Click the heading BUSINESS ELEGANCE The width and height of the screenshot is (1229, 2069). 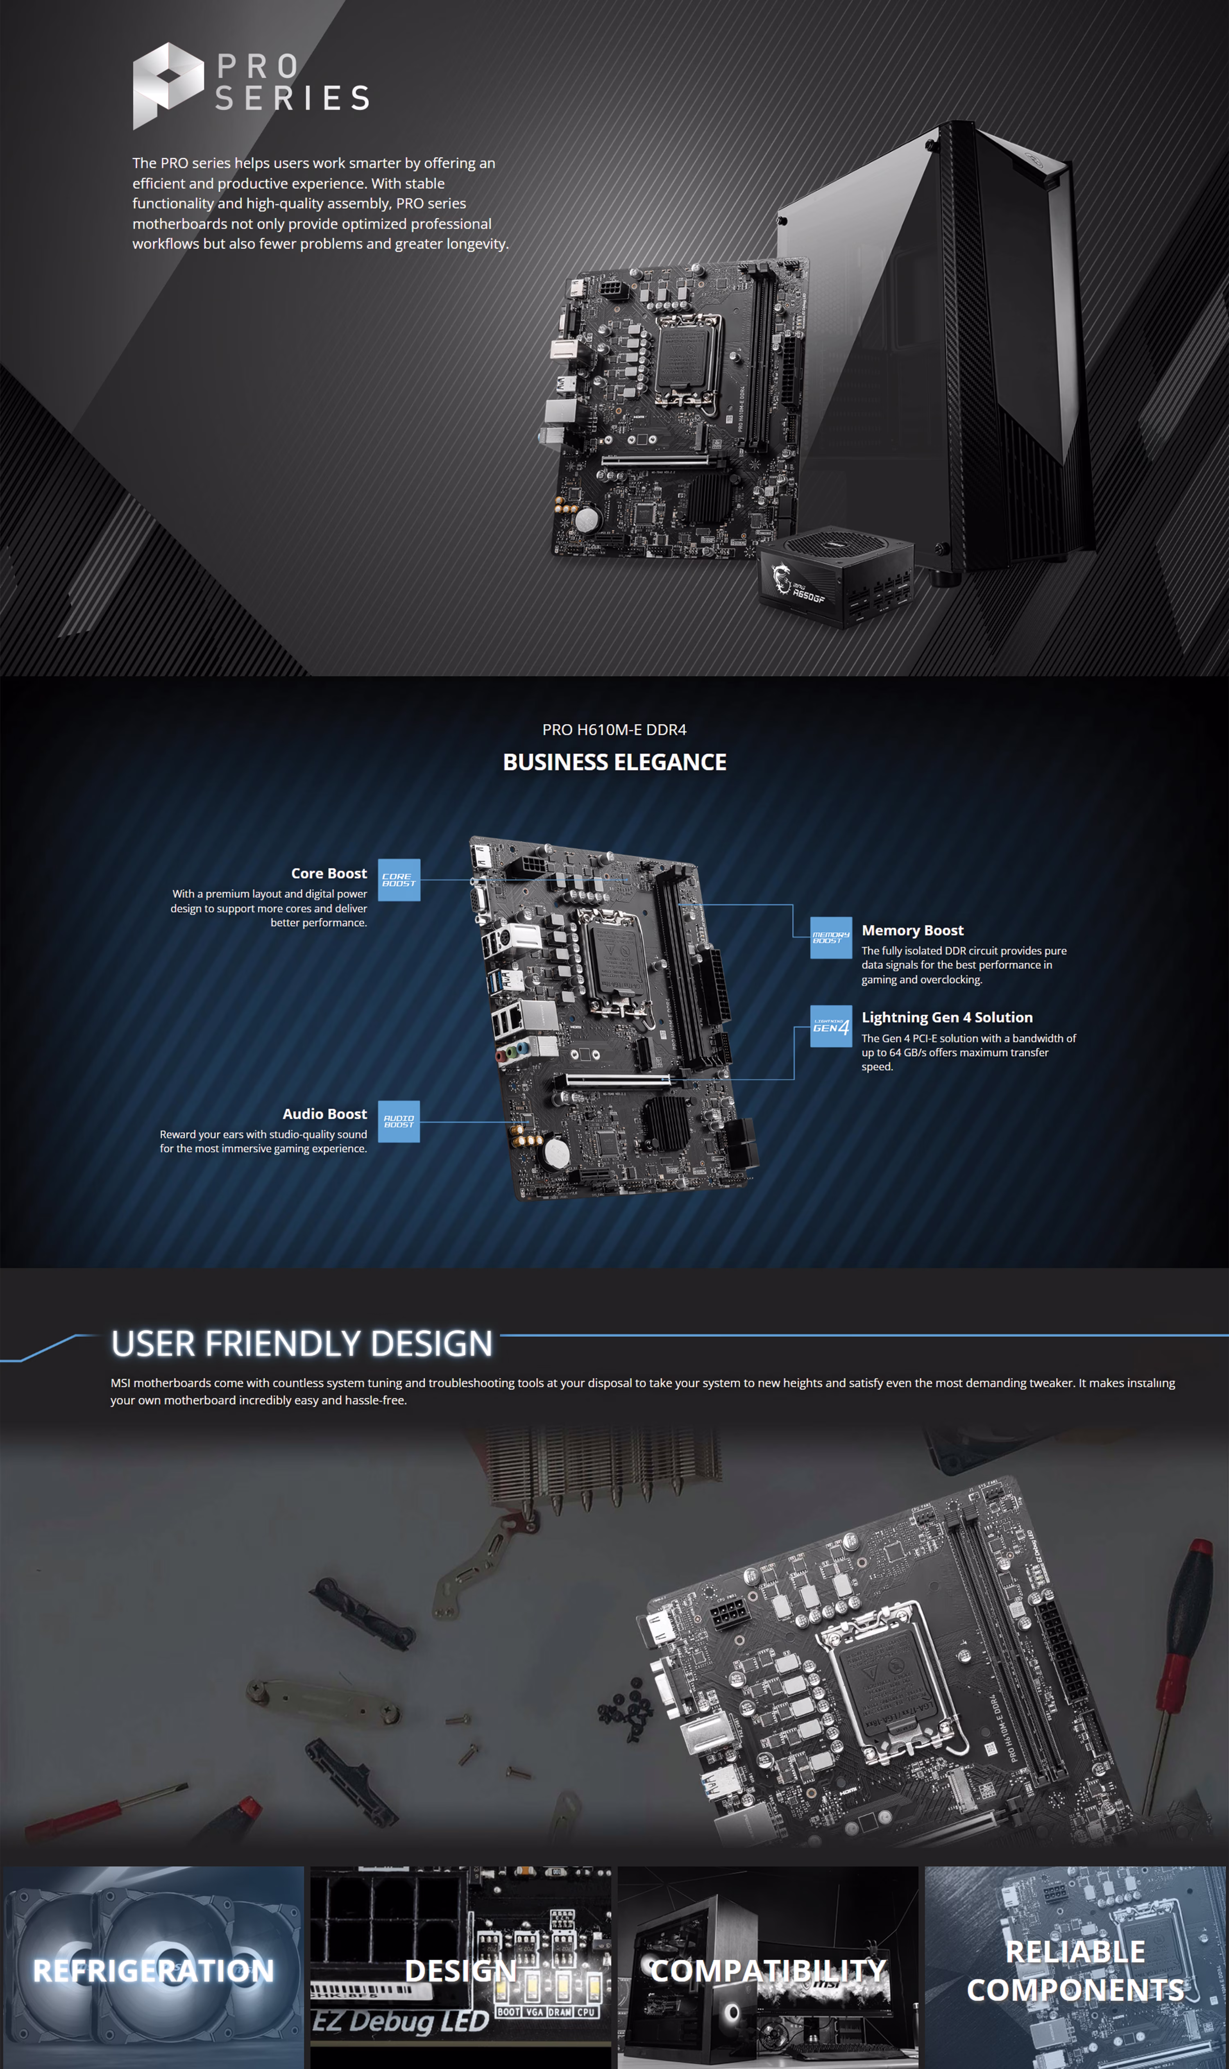[614, 762]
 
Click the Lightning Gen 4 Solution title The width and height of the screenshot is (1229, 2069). [947, 1017]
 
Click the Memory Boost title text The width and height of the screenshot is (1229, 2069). [912, 930]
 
